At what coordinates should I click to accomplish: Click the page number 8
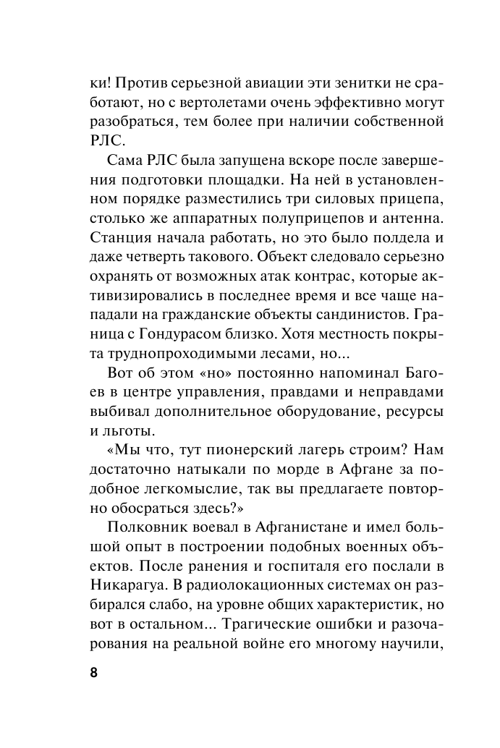click(x=93, y=671)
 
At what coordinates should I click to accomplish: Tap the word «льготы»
click(x=127, y=431)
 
